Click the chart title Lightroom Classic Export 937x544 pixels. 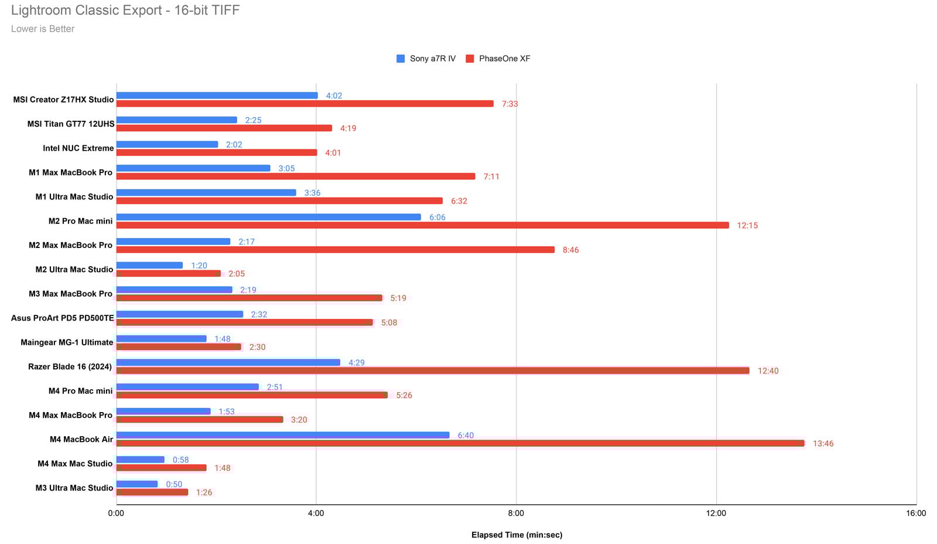[x=125, y=11]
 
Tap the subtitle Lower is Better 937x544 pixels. [x=43, y=29]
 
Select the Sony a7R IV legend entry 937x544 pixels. [x=426, y=59]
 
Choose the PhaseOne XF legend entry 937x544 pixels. [x=498, y=59]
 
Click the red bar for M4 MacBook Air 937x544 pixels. [x=460, y=443]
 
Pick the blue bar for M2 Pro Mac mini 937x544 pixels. [x=268, y=217]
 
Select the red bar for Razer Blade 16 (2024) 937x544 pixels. [x=432, y=370]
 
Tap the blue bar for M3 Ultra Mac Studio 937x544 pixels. [x=137, y=484]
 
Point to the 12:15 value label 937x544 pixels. [x=747, y=226]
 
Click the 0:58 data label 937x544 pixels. [x=180, y=460]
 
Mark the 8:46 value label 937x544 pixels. [x=570, y=250]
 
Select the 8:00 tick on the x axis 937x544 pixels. [x=516, y=514]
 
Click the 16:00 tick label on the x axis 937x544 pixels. [x=916, y=514]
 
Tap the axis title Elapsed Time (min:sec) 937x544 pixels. [x=517, y=535]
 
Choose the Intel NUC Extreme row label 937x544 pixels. [x=78, y=148]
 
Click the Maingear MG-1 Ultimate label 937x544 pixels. [x=67, y=342]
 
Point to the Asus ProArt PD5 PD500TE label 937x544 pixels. [x=62, y=318]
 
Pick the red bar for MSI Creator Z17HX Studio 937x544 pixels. [x=305, y=104]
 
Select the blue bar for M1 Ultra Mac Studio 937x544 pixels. [x=206, y=193]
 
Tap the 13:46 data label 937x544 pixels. [x=823, y=444]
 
